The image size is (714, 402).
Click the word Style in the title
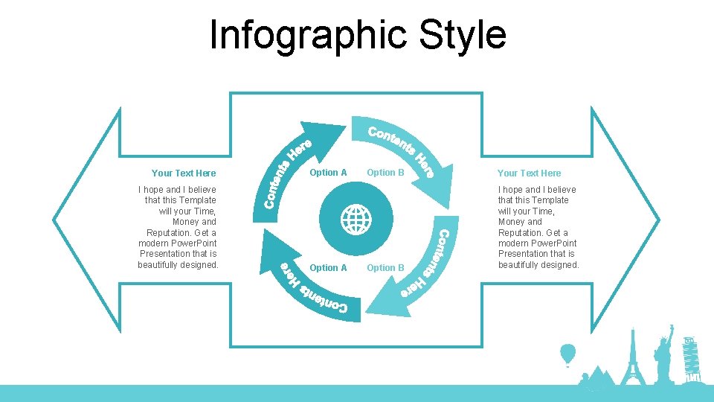coord(463,35)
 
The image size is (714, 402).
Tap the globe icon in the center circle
coord(356,220)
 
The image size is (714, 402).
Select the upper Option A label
coord(328,173)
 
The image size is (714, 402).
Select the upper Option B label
coord(385,173)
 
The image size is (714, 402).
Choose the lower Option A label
coord(328,268)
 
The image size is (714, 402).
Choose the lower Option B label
coord(385,268)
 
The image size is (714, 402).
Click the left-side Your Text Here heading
coord(183,173)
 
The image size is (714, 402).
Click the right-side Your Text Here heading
coord(529,173)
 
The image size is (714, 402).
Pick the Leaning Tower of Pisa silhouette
coord(690,357)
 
